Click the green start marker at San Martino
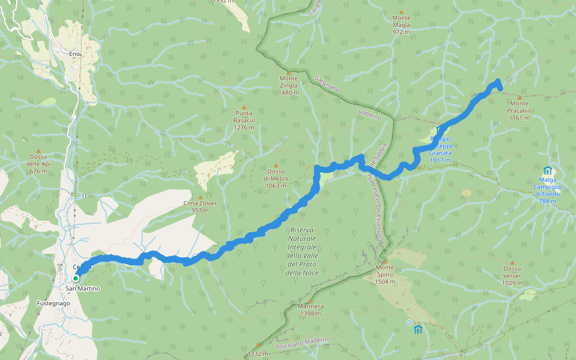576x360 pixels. pos(76,278)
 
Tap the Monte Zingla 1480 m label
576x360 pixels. pos(289,85)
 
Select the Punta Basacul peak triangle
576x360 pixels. pos(244,107)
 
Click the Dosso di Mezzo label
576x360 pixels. pos(276,178)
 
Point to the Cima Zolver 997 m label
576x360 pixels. pos(200,206)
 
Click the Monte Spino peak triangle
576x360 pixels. pos(385,260)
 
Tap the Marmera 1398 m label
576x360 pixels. pos(311,310)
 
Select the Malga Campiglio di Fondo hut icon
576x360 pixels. pos(547,171)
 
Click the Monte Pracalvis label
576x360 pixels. pos(519,114)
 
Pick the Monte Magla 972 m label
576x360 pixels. pos(401,28)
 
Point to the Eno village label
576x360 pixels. pos(74,54)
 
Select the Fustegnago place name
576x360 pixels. pos(53,303)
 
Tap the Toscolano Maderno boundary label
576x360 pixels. pos(302,343)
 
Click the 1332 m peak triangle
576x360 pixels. pos(257,345)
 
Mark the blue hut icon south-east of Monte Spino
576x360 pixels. pos(418,329)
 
